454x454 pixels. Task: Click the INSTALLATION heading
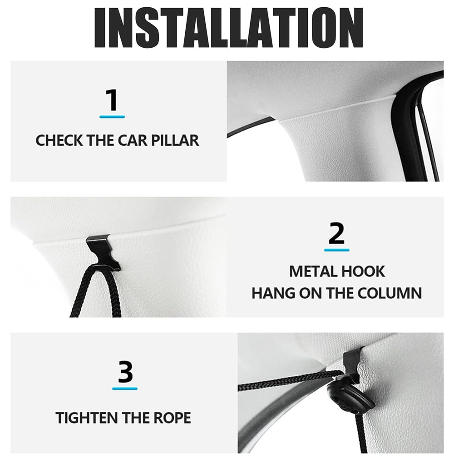pos(229,28)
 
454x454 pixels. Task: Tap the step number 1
pos(112,100)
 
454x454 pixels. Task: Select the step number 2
pos(336,233)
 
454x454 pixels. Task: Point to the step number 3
pos(125,371)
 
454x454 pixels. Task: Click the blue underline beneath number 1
pos(112,117)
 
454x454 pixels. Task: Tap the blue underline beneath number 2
pos(337,250)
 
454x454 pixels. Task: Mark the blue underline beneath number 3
pos(125,388)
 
